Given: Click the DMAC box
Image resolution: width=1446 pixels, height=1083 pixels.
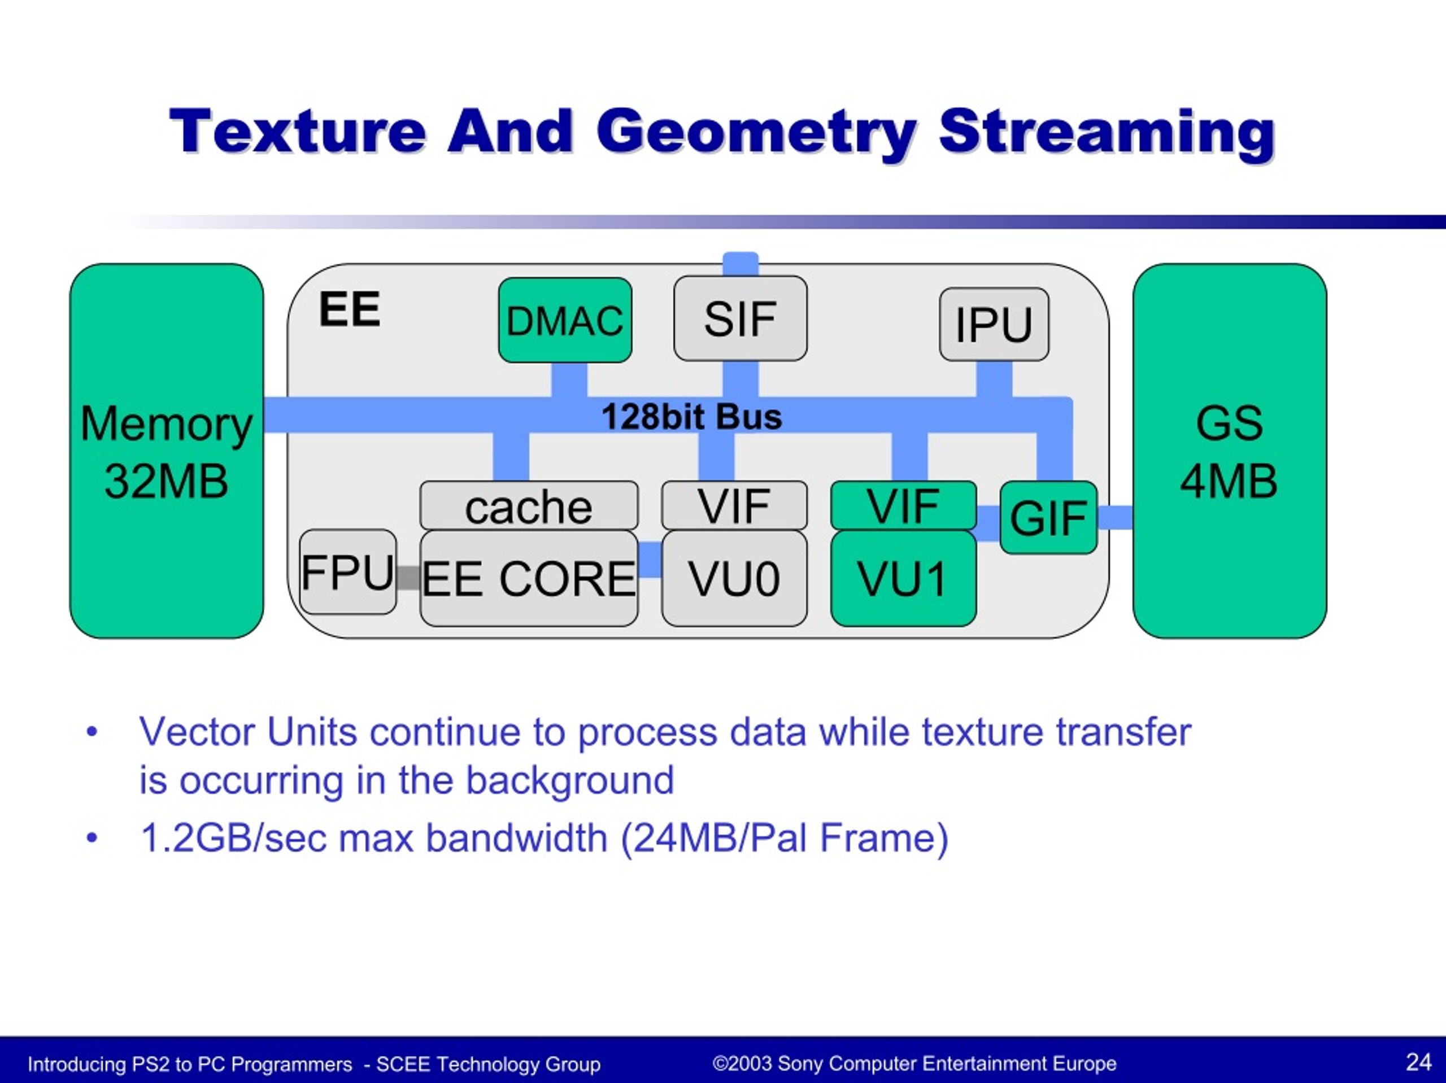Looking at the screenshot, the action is coord(565,320).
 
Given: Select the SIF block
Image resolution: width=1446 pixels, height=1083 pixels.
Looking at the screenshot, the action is coord(740,318).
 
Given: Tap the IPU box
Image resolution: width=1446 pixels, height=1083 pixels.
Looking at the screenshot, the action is coord(994,324).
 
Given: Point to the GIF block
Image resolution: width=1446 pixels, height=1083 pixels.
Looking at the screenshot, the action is coord(1048,518).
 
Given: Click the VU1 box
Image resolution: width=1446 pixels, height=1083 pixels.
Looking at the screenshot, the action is coord(903,578).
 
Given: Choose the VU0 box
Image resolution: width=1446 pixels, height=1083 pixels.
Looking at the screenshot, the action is coord(734,578).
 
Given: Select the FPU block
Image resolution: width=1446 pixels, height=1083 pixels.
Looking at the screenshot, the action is coord(348,572).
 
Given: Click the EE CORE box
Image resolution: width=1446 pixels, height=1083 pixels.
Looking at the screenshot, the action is coord(529,578).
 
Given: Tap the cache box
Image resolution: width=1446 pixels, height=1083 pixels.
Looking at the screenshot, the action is coord(529,505).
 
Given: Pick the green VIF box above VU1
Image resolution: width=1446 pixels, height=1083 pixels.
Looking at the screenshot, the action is coord(903,505).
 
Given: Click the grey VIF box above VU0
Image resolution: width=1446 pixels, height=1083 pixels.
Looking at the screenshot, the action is coord(734,505).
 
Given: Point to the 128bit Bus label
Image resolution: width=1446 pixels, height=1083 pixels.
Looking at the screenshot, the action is coord(691,416).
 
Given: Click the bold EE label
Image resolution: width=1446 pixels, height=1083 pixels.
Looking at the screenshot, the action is coord(350,309).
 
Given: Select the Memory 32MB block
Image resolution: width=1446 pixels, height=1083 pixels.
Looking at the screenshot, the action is coord(167,451).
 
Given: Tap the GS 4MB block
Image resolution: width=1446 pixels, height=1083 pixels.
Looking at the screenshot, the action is coord(1230,451).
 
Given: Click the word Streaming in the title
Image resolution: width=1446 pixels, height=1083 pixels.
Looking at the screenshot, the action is coord(1107,133).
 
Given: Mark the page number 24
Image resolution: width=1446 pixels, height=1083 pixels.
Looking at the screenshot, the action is coord(1418,1062).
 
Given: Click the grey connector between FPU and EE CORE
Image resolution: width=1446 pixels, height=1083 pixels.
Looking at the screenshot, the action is coord(408,578).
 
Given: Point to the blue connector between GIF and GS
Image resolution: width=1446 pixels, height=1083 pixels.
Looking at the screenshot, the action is coord(1115,518).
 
